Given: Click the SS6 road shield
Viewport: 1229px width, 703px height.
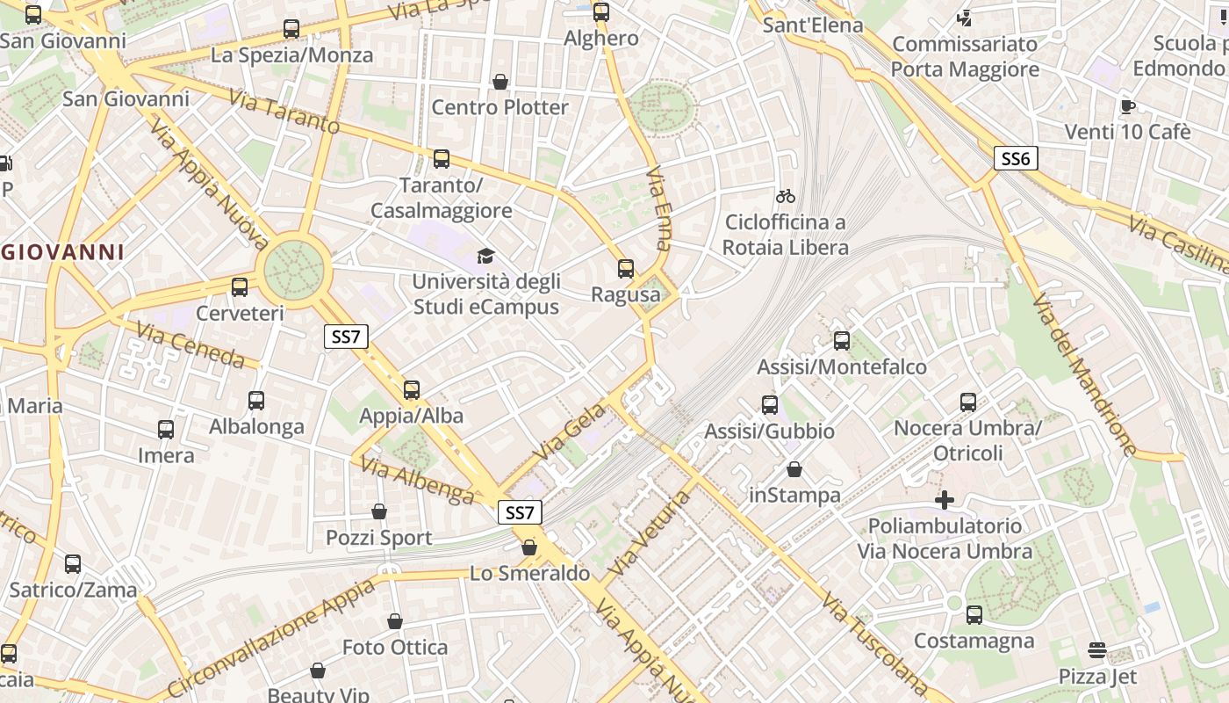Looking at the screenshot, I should click(x=1016, y=158).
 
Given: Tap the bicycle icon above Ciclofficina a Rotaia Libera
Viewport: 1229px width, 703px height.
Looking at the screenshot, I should click(x=786, y=196).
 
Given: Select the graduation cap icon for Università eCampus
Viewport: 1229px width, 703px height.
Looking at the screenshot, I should click(x=485, y=256).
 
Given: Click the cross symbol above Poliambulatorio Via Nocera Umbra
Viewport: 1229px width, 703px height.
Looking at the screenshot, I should click(x=945, y=500).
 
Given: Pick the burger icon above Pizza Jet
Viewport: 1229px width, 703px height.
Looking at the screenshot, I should click(x=1097, y=650).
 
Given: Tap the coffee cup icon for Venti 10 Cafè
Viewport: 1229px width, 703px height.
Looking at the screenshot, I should click(x=1128, y=106).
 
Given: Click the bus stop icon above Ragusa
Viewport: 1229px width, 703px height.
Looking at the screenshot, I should click(x=626, y=268).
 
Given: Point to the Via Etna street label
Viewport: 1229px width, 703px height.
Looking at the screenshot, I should click(x=658, y=208).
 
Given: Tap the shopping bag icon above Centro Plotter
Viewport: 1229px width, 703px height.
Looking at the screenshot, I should click(x=500, y=82).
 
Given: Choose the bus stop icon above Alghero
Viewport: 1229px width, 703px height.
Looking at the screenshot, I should click(x=601, y=11).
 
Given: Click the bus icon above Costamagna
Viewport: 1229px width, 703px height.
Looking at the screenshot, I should click(x=974, y=614).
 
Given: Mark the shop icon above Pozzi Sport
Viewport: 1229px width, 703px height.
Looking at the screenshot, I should click(x=379, y=511).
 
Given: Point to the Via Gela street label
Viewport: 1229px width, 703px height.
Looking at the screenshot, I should click(x=571, y=431).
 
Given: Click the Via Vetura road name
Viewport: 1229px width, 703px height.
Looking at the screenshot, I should click(x=649, y=534).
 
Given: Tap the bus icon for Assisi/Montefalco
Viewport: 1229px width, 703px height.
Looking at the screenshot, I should click(x=842, y=340).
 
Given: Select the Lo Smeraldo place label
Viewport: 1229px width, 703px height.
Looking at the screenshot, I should click(x=529, y=574).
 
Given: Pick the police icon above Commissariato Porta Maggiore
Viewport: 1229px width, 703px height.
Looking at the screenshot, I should click(x=965, y=18).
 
